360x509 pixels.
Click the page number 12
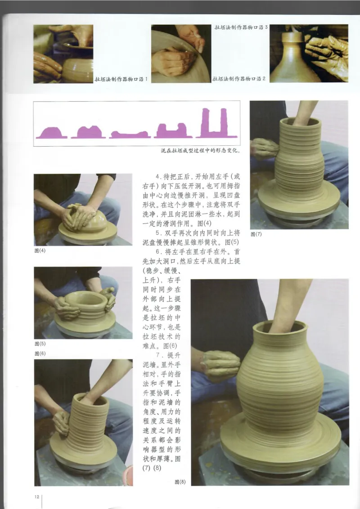pyautogui.click(x=36, y=496)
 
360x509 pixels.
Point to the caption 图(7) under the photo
pyautogui.click(x=256, y=234)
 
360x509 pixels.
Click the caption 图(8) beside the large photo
pyautogui.click(x=180, y=482)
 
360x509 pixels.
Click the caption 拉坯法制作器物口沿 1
pyautogui.click(x=121, y=79)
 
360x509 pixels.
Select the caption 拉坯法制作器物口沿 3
pyautogui.click(x=241, y=27)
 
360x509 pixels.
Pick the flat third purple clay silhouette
pyautogui.click(x=130, y=134)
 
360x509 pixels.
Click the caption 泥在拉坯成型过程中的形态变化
pyautogui.click(x=200, y=151)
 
